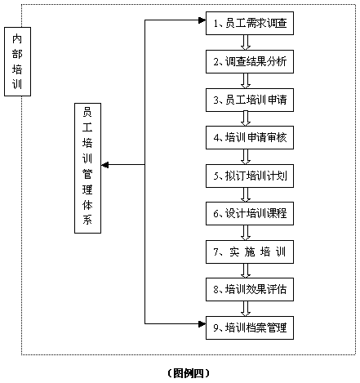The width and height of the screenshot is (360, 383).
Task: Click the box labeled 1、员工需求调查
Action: coord(250,23)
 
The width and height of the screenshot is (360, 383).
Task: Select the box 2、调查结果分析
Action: coord(250,61)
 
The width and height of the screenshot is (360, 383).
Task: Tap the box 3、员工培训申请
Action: coord(250,100)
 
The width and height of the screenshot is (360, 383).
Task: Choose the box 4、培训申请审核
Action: coord(250,137)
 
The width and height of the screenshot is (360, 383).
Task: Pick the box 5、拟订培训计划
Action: coord(250,176)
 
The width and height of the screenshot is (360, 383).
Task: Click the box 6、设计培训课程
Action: coord(250,213)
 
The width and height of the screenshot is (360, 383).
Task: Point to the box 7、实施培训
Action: coord(250,252)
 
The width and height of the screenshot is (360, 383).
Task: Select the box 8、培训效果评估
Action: coord(250,289)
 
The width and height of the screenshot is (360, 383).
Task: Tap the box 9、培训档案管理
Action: coord(250,327)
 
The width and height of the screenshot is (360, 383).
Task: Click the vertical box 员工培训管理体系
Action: coord(88,168)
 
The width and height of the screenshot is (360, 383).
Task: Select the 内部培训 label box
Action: coord(17,61)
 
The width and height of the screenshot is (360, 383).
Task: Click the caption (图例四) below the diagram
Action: coord(189,373)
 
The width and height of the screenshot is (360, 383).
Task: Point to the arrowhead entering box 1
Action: coord(202,20)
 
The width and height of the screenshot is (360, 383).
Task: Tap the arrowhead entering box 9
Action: coord(202,324)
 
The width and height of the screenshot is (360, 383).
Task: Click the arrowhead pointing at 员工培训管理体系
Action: coord(105,165)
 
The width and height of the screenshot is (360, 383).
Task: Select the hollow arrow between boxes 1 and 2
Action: coord(246,42)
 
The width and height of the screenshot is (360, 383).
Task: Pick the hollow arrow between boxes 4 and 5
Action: coord(246,157)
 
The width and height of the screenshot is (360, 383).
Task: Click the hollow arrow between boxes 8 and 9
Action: coord(246,309)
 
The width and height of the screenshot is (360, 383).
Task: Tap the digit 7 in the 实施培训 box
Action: coord(216,252)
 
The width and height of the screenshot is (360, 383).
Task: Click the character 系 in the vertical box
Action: coord(87,220)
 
